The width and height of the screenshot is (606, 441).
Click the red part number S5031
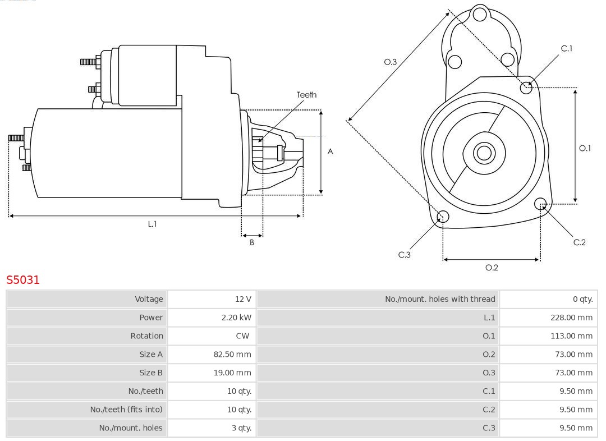(23, 279)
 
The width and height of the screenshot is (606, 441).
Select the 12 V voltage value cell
(242, 299)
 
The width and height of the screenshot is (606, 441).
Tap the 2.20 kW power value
(236, 318)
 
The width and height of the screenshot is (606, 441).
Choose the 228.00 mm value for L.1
(571, 318)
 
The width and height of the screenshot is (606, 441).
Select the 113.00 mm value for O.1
(571, 336)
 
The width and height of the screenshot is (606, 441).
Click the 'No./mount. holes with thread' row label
(439, 299)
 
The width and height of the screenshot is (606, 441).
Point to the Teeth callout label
(306, 95)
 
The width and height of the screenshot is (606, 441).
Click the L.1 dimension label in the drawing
(152, 224)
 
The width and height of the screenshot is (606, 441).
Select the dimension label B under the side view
(252, 243)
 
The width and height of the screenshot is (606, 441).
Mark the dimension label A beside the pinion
(330, 151)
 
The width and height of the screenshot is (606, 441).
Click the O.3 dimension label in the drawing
(390, 62)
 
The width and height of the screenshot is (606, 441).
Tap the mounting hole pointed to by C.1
(526, 87)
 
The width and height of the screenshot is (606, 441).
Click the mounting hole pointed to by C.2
(540, 203)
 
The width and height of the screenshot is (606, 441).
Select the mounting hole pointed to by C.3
(443, 217)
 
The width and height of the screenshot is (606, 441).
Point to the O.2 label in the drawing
(492, 268)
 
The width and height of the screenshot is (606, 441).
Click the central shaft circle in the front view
(483, 153)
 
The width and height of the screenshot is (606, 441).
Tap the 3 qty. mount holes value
(241, 428)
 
